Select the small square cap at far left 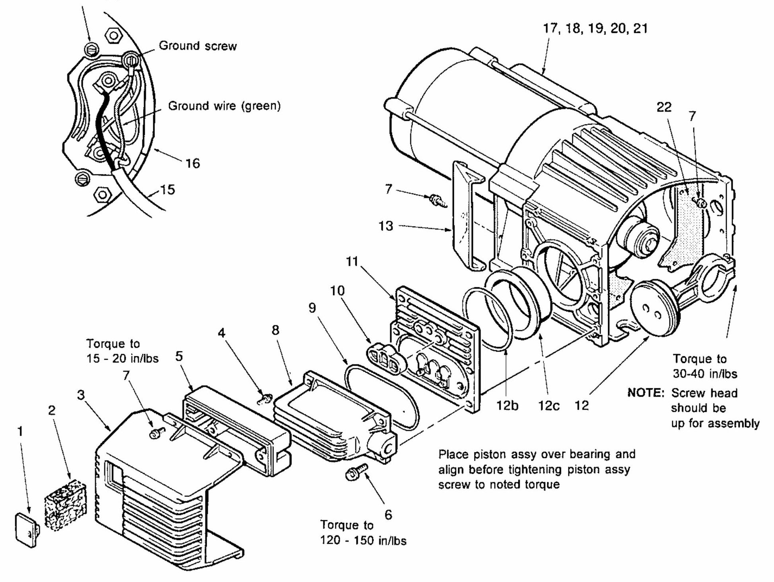(x=27, y=530)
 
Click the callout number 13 (x=386, y=226)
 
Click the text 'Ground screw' (x=198, y=46)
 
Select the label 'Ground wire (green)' (x=224, y=106)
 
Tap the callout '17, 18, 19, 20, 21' (x=595, y=29)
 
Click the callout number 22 (x=664, y=107)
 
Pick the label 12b (x=507, y=406)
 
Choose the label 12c (x=548, y=406)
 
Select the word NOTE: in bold (x=646, y=393)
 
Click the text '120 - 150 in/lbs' (x=364, y=541)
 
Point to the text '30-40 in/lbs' (x=705, y=374)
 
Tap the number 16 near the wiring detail (x=193, y=164)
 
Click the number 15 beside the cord (x=167, y=189)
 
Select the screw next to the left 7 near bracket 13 (x=438, y=200)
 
